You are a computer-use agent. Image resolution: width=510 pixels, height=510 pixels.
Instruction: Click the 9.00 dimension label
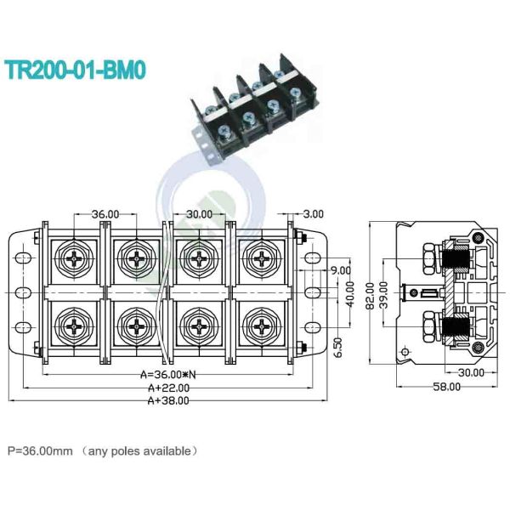[341, 270]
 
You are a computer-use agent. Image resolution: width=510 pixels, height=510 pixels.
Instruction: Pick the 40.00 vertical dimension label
[349, 293]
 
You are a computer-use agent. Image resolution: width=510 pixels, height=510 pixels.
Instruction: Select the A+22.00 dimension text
[167, 388]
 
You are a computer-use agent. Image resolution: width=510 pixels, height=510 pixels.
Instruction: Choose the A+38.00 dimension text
[167, 399]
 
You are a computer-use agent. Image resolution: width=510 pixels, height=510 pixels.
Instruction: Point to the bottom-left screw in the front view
[73, 325]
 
